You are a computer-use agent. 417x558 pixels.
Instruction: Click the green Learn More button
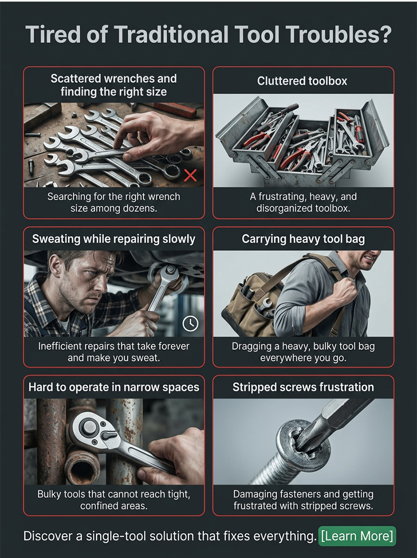357,535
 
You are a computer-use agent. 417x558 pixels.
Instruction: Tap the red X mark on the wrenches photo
191,175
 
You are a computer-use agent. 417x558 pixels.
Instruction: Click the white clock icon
190,323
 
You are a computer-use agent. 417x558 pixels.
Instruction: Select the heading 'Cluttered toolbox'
302,81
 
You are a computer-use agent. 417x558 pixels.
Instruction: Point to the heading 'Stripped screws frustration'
303,387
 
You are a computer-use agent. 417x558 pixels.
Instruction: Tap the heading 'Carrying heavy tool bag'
303,239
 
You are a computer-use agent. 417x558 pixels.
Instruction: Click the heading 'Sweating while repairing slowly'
113,239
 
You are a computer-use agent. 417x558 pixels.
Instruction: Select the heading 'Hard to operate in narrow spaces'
113,387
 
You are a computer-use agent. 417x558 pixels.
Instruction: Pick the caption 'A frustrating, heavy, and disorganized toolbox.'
303,202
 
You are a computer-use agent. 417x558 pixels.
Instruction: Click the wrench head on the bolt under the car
169,275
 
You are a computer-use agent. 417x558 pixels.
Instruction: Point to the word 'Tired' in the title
49,34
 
